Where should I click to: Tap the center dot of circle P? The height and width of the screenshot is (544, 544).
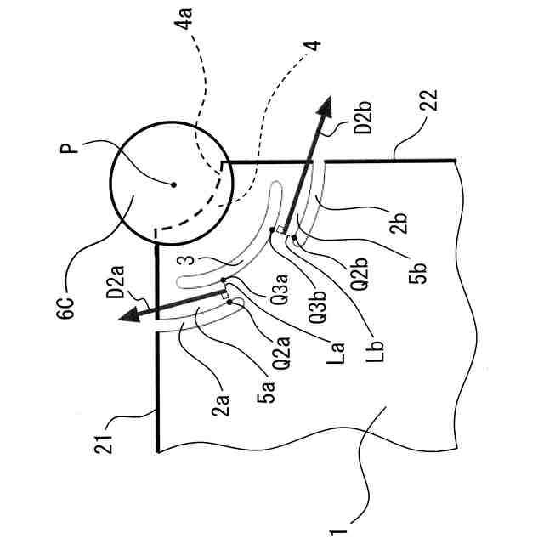(173, 184)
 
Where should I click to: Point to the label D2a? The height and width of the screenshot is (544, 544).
(114, 278)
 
